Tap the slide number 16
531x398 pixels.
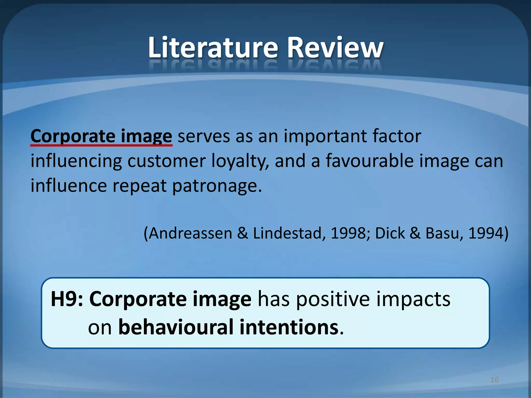pos(494,380)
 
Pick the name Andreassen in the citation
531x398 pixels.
pos(191,233)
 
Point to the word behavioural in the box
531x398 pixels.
pos(176,327)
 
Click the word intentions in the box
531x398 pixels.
pos(289,327)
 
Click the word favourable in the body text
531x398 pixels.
pos(370,161)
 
